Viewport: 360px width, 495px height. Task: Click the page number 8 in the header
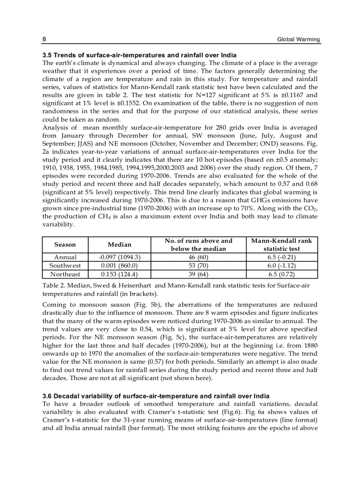point(44,40)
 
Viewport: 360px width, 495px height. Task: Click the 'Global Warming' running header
point(298,40)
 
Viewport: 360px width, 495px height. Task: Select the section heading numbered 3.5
point(139,55)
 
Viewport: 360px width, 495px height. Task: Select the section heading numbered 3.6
point(156,396)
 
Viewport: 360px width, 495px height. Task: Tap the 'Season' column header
point(65,245)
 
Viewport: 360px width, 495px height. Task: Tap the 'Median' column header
point(120,245)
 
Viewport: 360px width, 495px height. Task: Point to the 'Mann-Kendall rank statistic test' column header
point(281,245)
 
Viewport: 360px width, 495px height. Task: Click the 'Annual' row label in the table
point(65,257)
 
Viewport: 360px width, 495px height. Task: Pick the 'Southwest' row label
point(65,266)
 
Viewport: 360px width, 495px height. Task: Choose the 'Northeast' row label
point(65,274)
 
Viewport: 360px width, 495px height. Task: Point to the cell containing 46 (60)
point(198,257)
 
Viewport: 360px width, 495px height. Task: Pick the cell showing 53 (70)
point(198,266)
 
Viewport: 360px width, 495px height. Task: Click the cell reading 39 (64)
point(198,274)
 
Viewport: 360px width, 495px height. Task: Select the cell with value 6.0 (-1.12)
point(281,266)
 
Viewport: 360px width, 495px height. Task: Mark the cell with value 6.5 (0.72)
point(281,274)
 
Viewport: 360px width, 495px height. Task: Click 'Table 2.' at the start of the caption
point(54,286)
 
